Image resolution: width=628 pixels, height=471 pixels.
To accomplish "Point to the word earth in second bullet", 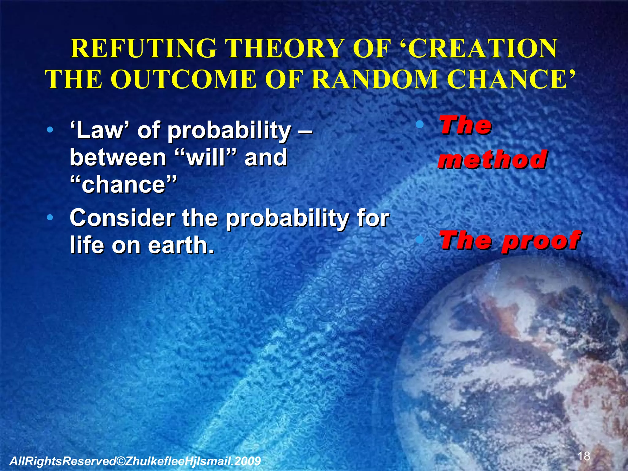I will tap(181, 245).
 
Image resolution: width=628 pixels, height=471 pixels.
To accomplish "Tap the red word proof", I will tap(541, 240).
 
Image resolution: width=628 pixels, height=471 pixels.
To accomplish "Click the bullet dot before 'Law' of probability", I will tap(50, 130).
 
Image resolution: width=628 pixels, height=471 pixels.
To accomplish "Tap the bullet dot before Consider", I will tap(50, 218).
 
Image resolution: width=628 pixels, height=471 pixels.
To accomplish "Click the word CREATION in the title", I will tap(483, 49).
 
